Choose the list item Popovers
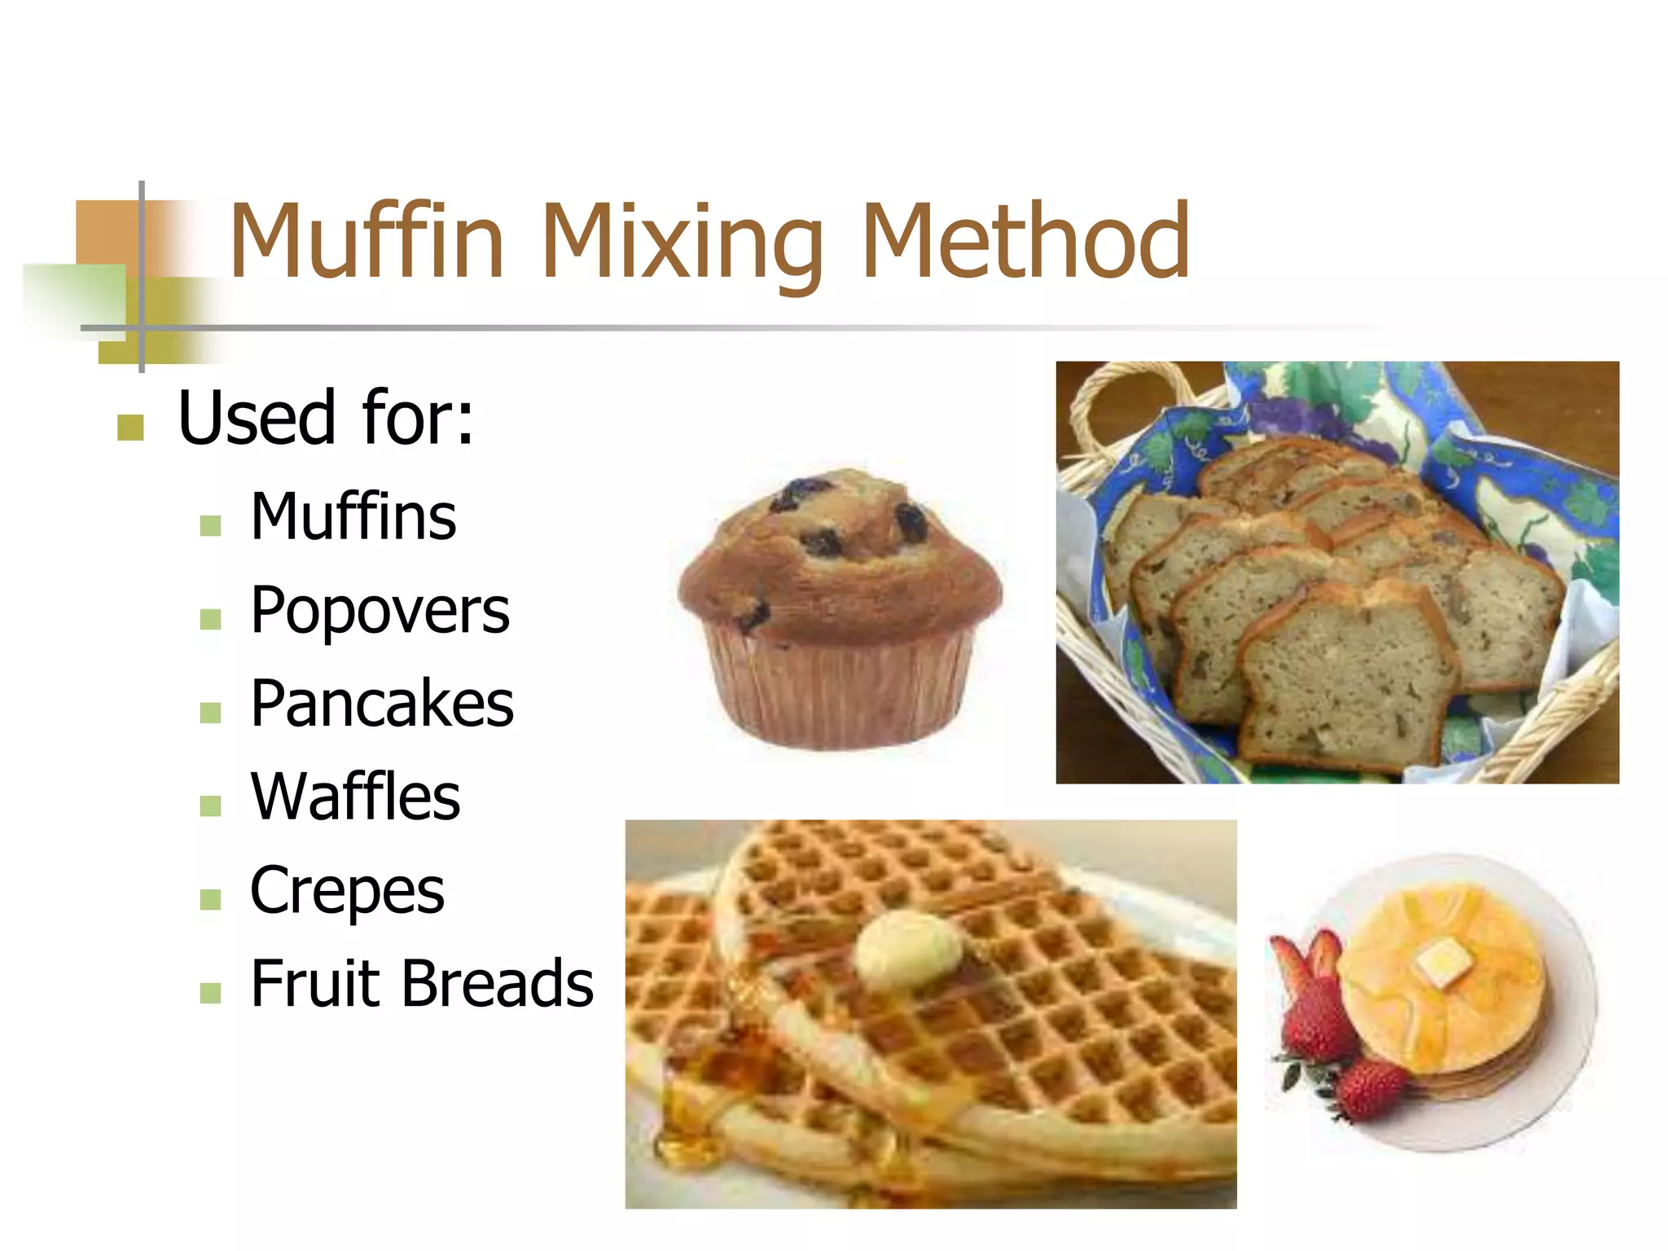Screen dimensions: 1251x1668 point(380,611)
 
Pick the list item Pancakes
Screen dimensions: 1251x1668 point(381,704)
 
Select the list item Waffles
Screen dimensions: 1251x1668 point(355,797)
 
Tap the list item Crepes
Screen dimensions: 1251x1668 point(347,890)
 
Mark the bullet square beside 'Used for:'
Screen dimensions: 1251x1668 point(130,427)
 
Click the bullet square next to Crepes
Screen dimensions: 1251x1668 point(210,899)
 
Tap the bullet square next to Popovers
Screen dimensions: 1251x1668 point(210,619)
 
